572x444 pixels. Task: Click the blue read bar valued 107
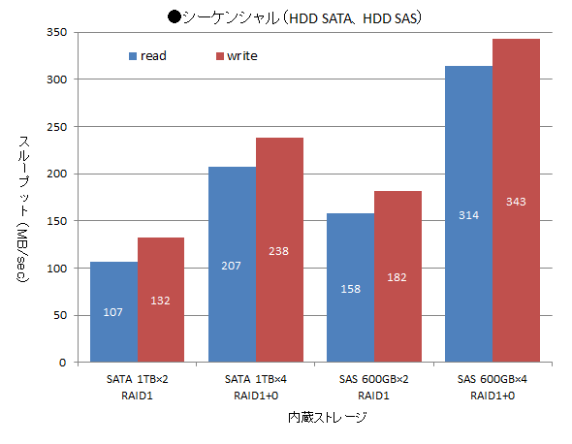tap(113, 312)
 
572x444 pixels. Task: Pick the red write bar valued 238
tap(279, 250)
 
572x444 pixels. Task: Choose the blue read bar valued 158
tap(350, 288)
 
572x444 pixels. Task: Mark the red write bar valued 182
tap(397, 276)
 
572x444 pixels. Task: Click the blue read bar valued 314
tap(468, 214)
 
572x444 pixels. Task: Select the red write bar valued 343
tap(516, 201)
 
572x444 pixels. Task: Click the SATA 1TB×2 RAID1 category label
tap(137, 387)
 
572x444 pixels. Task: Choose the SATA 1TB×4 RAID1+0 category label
tap(255, 387)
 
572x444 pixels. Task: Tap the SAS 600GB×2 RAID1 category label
tap(373, 387)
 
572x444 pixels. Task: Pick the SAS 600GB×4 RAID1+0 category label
tap(492, 387)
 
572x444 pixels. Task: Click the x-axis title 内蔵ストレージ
tap(327, 418)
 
